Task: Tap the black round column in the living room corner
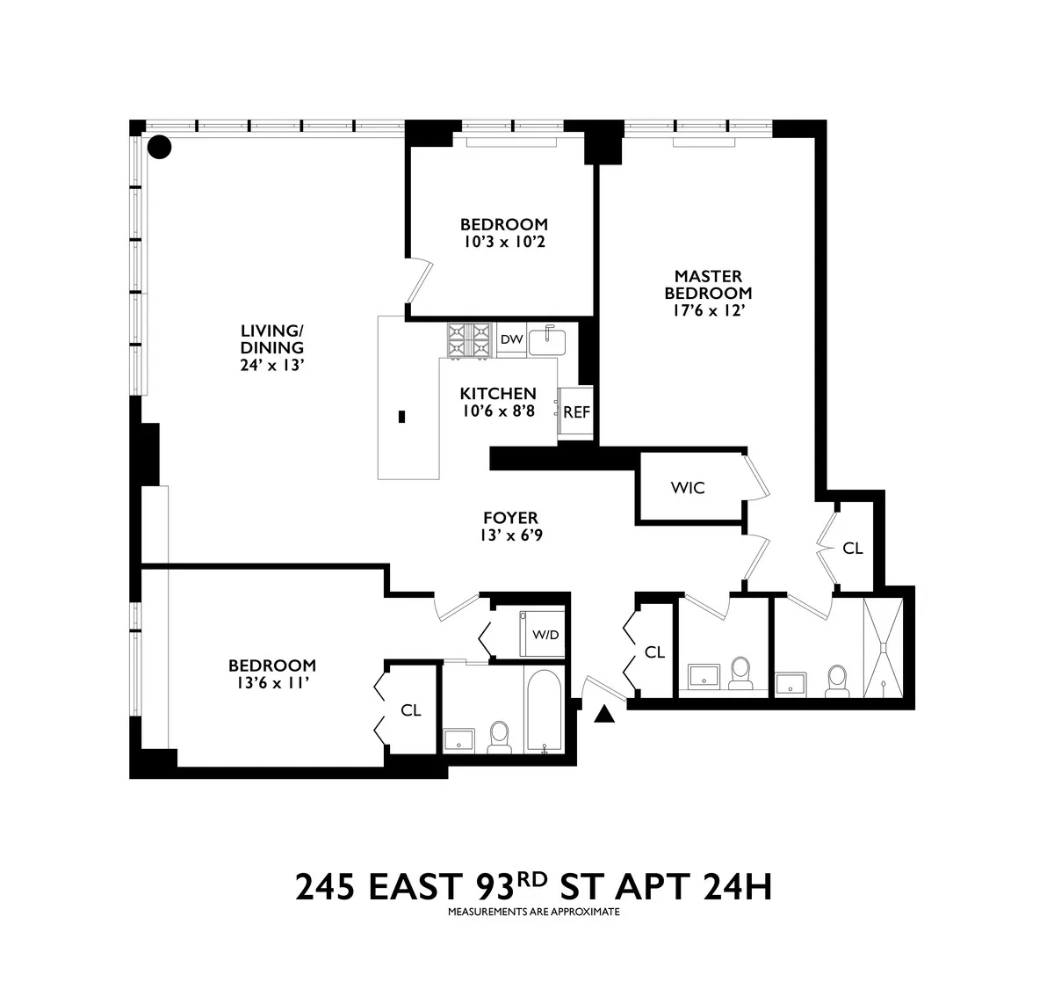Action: click(x=159, y=147)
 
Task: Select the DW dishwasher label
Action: click(x=511, y=339)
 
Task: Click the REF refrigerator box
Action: click(x=576, y=412)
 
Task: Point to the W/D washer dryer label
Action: click(x=545, y=635)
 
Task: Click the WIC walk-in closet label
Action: click(x=687, y=488)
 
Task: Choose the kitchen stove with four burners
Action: click(x=470, y=340)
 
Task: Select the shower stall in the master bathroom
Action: click(x=881, y=648)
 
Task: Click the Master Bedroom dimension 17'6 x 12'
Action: click(x=708, y=309)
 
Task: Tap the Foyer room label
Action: click(x=509, y=518)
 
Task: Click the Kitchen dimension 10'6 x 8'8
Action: click(x=498, y=411)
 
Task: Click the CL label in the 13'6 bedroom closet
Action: click(x=410, y=710)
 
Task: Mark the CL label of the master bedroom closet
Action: click(x=852, y=549)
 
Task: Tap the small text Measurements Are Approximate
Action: click(x=533, y=912)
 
